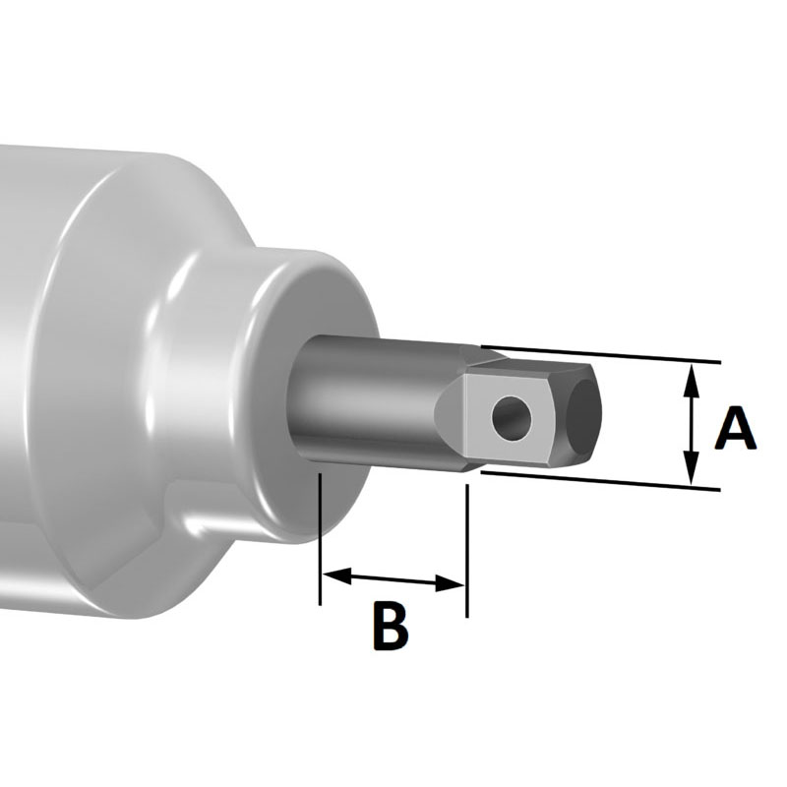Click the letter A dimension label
tap(735, 430)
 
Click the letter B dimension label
tap(390, 626)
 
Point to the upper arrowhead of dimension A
tap(692, 375)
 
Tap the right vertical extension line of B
tap(466, 551)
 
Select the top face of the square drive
tap(531, 368)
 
